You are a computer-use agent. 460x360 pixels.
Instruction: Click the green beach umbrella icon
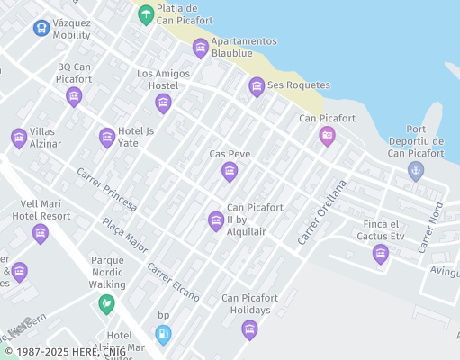tap(145, 14)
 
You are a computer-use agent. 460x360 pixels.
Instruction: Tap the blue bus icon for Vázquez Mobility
tap(41, 28)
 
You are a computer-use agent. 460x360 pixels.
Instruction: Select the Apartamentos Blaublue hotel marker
tap(200, 48)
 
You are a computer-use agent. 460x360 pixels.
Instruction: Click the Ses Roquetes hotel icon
tap(257, 86)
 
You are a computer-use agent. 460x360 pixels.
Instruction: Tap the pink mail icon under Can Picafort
tap(327, 136)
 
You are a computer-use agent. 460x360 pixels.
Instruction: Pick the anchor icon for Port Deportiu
tap(415, 169)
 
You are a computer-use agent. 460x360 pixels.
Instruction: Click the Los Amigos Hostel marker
tap(163, 103)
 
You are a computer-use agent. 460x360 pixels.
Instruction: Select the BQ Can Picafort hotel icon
tap(74, 96)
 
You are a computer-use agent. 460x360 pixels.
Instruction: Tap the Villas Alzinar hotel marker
tap(19, 138)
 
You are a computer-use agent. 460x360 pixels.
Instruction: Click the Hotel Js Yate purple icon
tap(106, 138)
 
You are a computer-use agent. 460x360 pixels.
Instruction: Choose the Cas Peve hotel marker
tap(229, 171)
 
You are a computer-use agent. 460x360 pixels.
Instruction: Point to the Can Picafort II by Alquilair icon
tap(215, 220)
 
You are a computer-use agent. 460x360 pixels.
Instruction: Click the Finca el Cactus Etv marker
tap(381, 254)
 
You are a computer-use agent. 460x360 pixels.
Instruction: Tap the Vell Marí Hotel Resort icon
tap(40, 234)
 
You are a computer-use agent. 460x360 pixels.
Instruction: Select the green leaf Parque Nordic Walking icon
tap(106, 303)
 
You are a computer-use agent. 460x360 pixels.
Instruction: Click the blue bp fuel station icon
tap(163, 335)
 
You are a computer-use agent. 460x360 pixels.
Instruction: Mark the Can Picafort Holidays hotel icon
tap(249, 329)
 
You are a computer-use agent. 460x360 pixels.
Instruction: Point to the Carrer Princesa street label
tap(106, 190)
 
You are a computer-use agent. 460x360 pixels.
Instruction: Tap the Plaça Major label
tap(124, 235)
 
